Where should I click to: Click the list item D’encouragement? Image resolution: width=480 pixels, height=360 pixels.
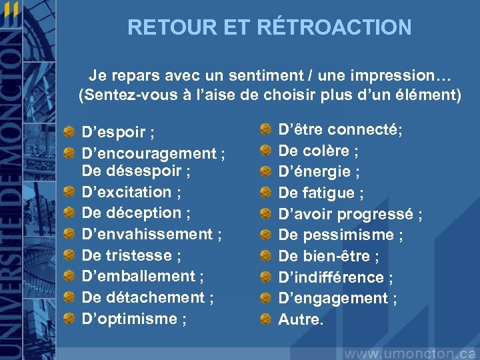153,153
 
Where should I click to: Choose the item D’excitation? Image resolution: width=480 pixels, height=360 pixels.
131,193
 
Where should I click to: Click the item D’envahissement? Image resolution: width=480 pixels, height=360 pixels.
151,235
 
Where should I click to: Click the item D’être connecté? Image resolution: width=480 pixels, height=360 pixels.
340,129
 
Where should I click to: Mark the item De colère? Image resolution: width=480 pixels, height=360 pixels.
319,151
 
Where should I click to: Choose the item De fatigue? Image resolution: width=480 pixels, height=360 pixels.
321,193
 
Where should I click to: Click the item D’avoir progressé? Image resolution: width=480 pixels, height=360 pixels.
350,214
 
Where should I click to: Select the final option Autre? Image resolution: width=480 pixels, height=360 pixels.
301,320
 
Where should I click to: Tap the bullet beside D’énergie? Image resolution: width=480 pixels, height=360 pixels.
265,172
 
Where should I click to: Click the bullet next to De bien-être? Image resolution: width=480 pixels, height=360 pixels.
265,256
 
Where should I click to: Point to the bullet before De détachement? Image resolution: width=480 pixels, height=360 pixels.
69,297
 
